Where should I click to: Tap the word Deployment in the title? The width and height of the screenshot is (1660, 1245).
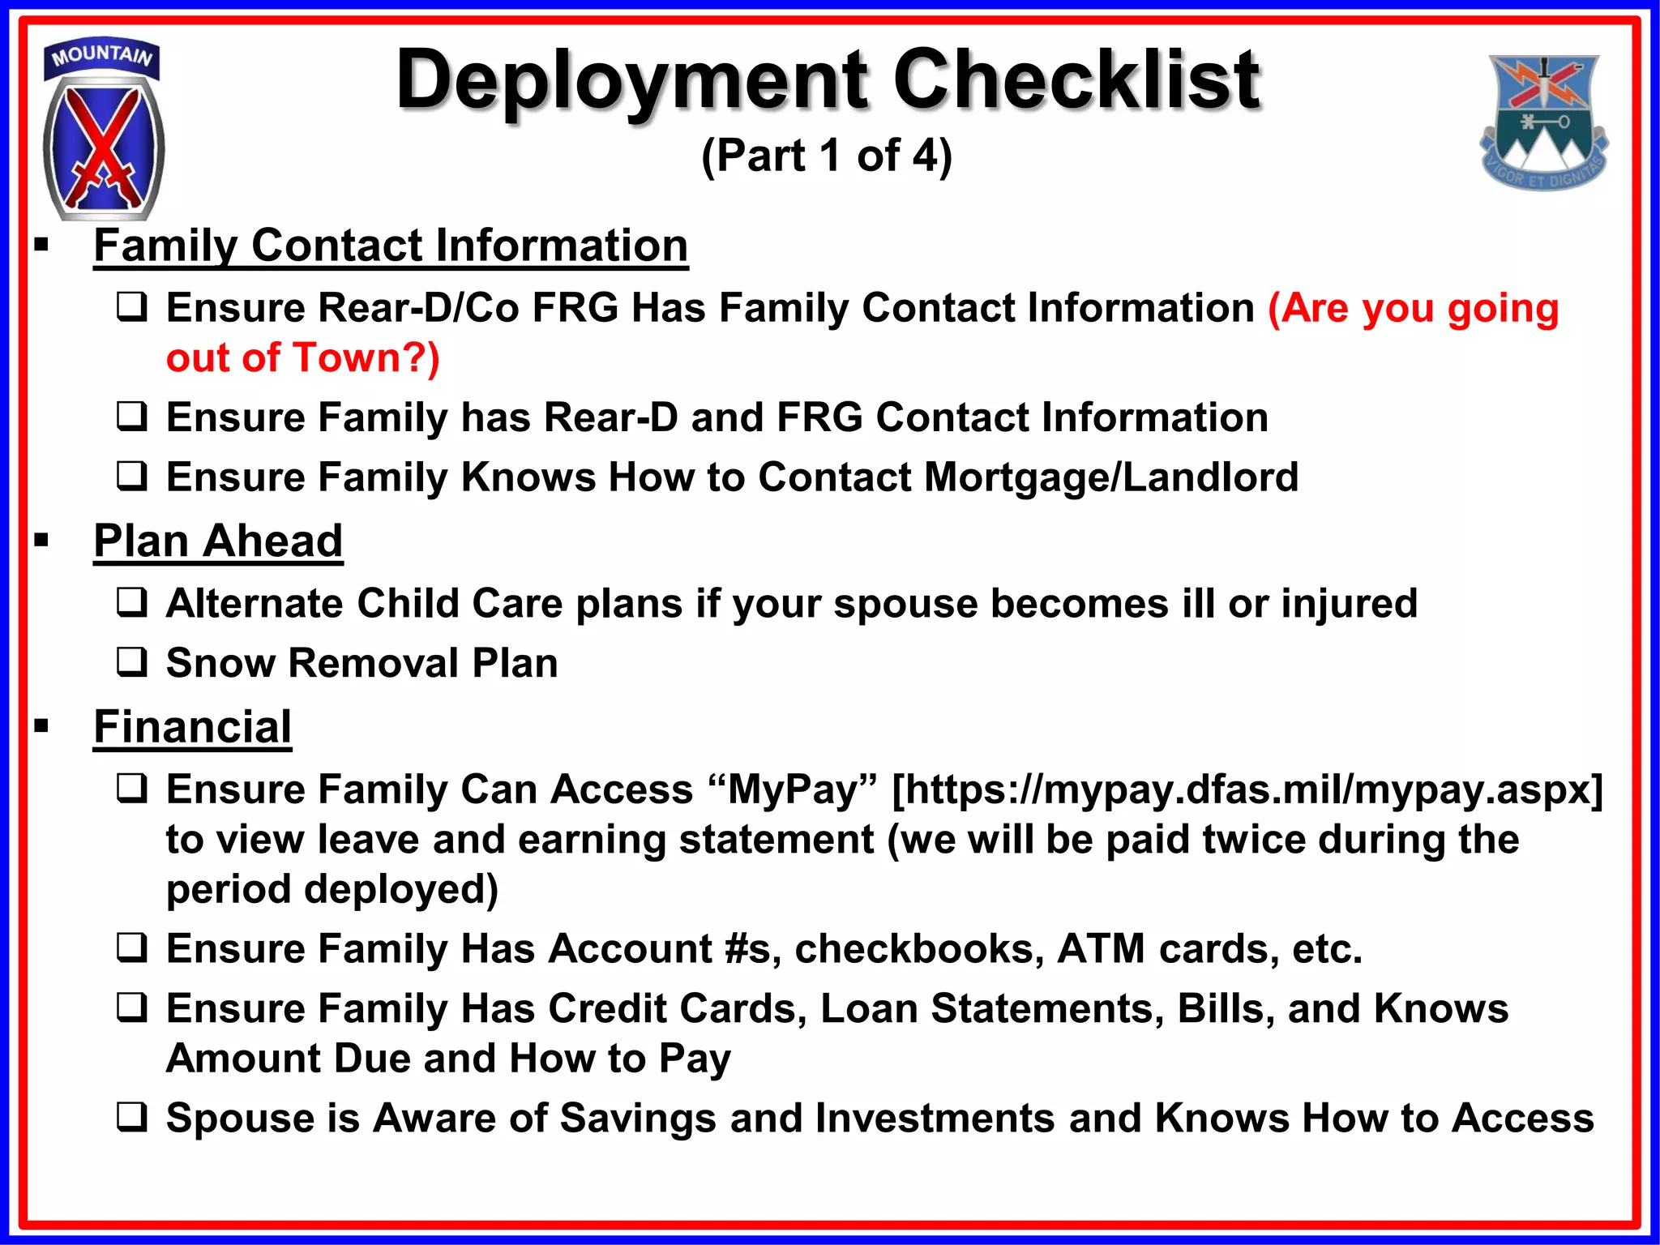click(x=632, y=81)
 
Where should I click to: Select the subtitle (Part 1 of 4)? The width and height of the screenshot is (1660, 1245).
click(x=826, y=156)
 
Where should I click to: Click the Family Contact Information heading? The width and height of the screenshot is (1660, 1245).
click(x=391, y=246)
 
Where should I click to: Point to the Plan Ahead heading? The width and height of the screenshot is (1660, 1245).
click(x=218, y=541)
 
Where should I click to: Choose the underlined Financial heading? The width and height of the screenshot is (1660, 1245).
click(x=192, y=726)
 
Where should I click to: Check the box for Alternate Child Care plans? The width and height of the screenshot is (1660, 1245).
click(x=132, y=602)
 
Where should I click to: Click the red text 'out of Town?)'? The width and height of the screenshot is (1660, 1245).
click(x=302, y=358)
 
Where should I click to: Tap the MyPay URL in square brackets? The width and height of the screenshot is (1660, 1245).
click(x=1247, y=789)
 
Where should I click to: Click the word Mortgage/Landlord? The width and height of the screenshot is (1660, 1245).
click(x=1110, y=477)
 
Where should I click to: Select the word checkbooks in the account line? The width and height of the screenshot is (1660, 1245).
click(x=918, y=949)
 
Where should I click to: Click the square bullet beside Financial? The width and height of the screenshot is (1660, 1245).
click(x=42, y=726)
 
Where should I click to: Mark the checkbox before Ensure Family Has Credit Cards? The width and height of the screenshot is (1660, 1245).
click(x=132, y=1008)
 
